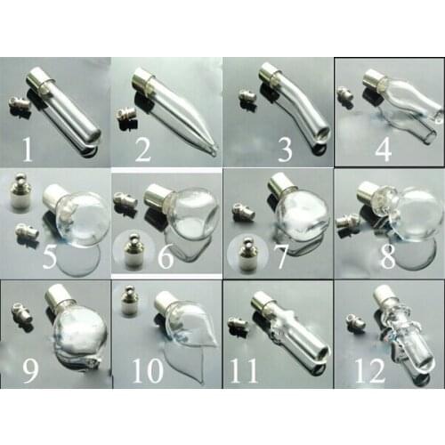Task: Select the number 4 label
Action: [383, 147]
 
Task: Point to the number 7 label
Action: [281, 257]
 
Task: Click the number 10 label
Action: [148, 369]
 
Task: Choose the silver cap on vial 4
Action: [372, 82]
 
